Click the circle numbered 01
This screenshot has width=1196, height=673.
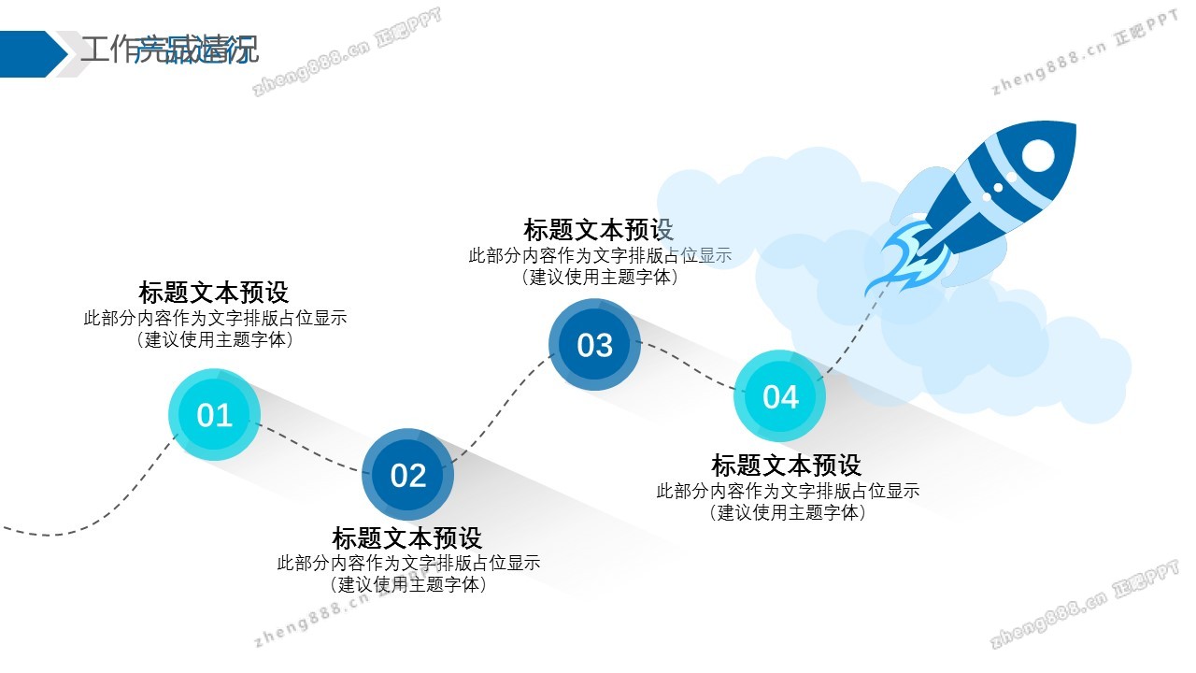coord(214,414)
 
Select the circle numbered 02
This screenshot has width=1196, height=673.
coord(407,475)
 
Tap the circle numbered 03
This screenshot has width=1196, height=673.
coord(594,345)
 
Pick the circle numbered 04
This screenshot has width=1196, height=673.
coord(780,396)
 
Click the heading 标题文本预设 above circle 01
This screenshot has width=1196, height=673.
coord(214,292)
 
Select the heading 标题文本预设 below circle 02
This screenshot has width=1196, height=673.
coord(407,538)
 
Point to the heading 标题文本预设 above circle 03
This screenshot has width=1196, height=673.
coord(599,230)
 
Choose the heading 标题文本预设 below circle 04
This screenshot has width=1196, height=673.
coord(787,465)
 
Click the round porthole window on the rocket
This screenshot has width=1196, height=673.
coord(1037,155)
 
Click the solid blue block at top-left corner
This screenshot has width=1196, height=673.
coord(28,53)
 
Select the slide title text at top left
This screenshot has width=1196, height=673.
coord(169,50)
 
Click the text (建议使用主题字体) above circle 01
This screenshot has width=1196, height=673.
coord(215,340)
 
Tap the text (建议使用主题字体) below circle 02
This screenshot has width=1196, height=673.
coord(408,585)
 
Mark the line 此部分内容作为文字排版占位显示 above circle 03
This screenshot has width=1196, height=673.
coord(600,255)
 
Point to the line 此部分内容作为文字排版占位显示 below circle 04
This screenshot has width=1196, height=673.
coord(788,491)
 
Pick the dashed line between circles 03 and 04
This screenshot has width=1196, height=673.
coord(687,365)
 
